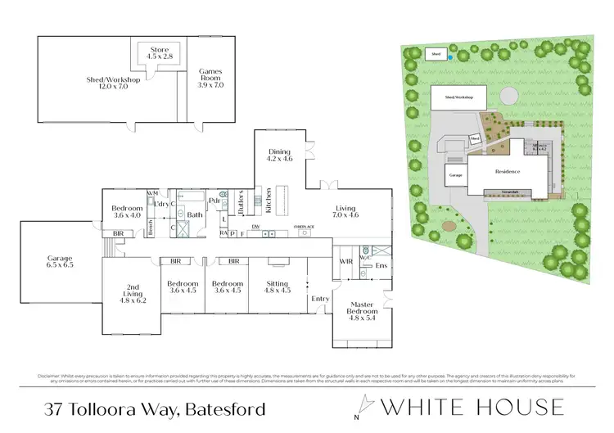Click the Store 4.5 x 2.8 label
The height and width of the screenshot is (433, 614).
click(155, 52)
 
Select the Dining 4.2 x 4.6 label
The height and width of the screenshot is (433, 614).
click(280, 156)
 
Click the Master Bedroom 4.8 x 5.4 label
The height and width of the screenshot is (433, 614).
click(361, 313)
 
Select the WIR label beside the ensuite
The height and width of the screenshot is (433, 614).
click(345, 262)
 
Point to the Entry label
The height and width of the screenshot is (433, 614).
click(319, 299)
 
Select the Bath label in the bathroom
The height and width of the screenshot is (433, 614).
click(194, 215)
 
